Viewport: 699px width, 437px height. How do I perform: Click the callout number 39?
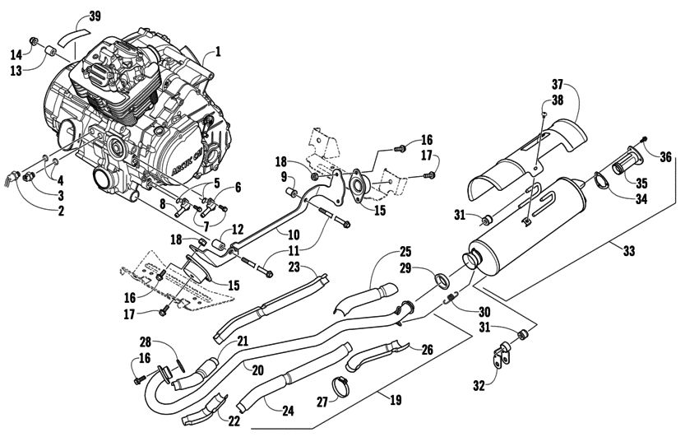(x=95, y=16)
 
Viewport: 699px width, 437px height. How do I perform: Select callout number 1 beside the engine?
(x=218, y=51)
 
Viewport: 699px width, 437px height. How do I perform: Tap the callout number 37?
(x=557, y=85)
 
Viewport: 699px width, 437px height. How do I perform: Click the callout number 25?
(x=405, y=251)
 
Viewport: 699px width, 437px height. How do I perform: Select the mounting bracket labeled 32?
(x=498, y=359)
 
